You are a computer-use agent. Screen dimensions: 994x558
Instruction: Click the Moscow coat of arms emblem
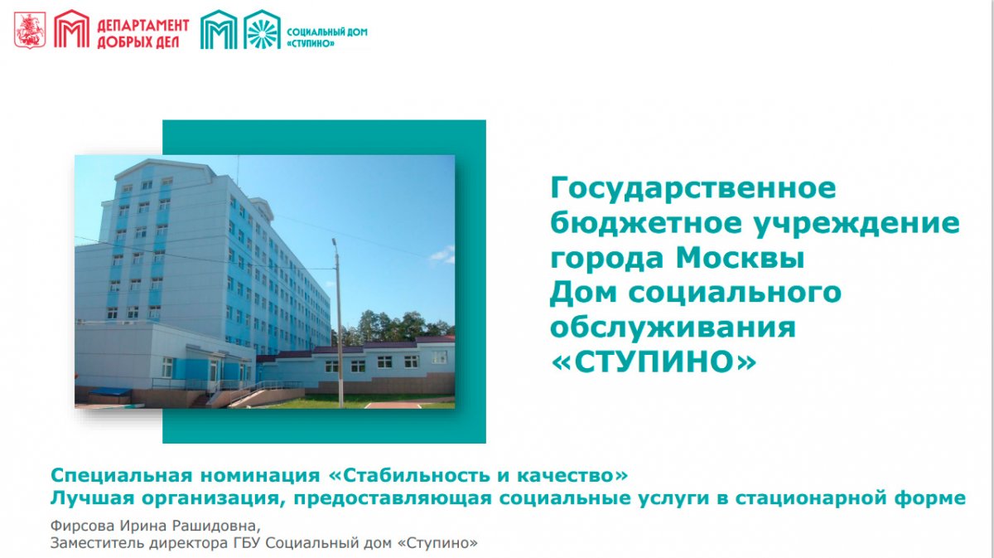pyautogui.click(x=30, y=30)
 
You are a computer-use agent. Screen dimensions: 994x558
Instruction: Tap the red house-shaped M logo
pyautogui.click(x=71, y=29)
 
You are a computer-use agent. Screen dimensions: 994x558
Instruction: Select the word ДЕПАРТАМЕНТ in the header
pyautogui.click(x=142, y=26)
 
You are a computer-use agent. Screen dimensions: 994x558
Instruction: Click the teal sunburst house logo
pyautogui.click(x=262, y=29)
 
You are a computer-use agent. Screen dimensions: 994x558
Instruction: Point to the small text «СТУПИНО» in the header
pyautogui.click(x=311, y=44)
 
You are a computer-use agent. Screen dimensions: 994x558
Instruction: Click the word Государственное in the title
pyautogui.click(x=693, y=189)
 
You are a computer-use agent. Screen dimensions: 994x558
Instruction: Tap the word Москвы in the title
pyautogui.click(x=741, y=258)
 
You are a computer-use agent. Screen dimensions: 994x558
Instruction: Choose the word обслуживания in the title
pyautogui.click(x=673, y=328)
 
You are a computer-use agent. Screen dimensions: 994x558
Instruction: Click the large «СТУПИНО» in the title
pyautogui.click(x=654, y=361)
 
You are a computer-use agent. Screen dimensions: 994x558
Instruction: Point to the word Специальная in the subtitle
pyautogui.click(x=122, y=476)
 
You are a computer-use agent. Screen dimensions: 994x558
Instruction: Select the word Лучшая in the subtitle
pyautogui.click(x=92, y=498)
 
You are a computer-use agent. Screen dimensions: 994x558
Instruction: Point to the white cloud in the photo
pyautogui.click(x=443, y=255)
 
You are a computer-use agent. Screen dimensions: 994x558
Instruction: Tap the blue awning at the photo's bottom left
pyautogui.click(x=109, y=392)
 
